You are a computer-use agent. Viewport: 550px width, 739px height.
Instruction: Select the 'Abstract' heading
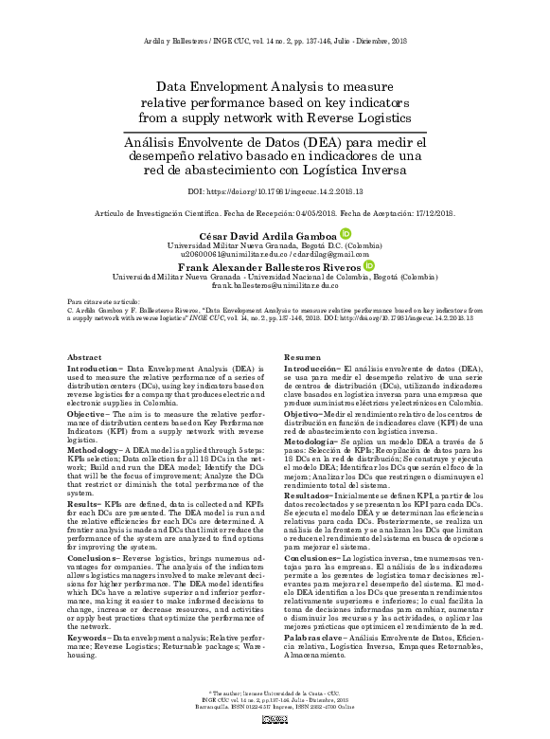click(x=84, y=356)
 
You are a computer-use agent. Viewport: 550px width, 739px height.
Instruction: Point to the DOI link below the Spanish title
click(x=275, y=190)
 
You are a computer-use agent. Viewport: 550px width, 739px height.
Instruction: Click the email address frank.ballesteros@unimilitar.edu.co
click(x=275, y=285)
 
